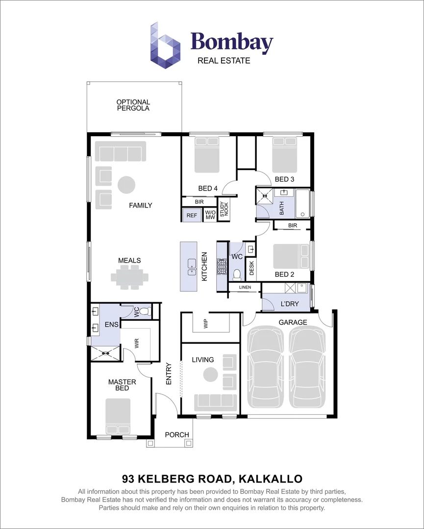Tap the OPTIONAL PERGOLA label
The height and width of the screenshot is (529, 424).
tap(133, 105)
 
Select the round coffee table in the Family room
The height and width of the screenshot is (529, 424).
tap(126, 185)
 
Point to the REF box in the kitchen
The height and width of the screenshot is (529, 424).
tap(191, 215)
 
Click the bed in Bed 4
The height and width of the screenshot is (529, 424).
tap(207, 155)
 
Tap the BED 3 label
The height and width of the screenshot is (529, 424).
tap(284, 179)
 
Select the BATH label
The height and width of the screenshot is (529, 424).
tap(281, 209)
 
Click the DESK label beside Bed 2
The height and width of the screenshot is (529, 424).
tap(251, 267)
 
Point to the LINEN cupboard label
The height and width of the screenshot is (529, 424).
tap(245, 288)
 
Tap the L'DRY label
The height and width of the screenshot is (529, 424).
tap(290, 304)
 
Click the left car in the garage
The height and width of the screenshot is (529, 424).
tap(266, 368)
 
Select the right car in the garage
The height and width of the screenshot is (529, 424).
tap(307, 368)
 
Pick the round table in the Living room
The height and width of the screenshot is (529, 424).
tap(210, 375)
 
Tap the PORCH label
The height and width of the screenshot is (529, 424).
tap(177, 434)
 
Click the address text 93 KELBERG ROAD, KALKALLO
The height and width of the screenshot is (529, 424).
tap(212, 478)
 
